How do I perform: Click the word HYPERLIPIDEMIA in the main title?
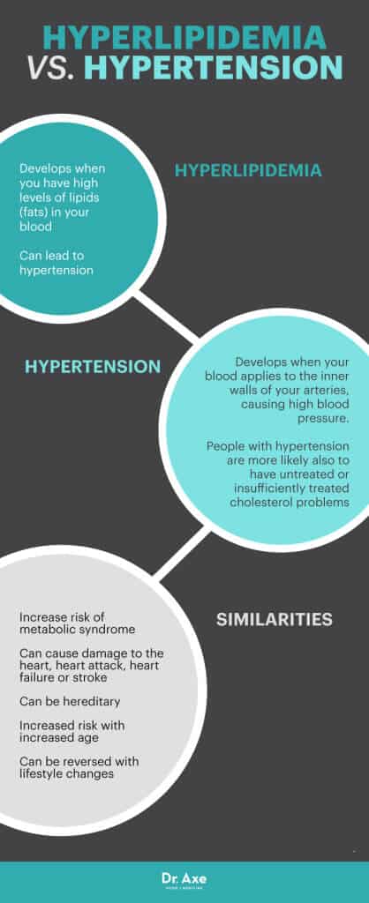coord(184,38)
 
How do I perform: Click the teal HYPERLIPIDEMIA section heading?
coord(247,170)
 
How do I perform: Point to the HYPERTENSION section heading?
coord(93,366)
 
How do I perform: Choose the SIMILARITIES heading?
coord(275,619)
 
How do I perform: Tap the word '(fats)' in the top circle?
coord(36,213)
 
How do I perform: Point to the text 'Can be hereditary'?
coord(70,702)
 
